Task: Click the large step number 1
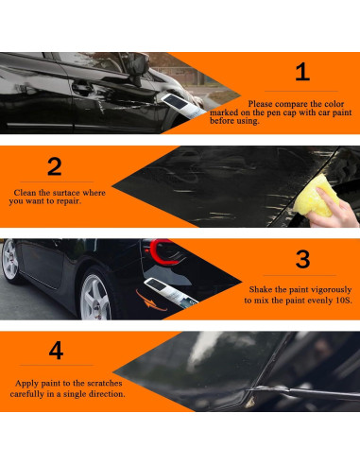tap(302, 72)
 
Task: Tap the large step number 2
tap(55, 166)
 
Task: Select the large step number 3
tap(302, 259)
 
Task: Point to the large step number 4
tap(56, 351)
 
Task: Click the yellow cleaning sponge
tap(317, 197)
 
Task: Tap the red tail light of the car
tap(162, 251)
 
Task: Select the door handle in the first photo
tap(81, 88)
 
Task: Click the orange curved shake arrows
tap(149, 301)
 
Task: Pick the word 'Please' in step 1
tap(260, 104)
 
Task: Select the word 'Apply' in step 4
tap(26, 384)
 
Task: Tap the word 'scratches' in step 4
tap(105, 383)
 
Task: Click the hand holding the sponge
tap(333, 211)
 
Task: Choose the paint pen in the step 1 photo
tap(182, 106)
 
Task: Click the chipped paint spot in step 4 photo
tap(250, 401)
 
